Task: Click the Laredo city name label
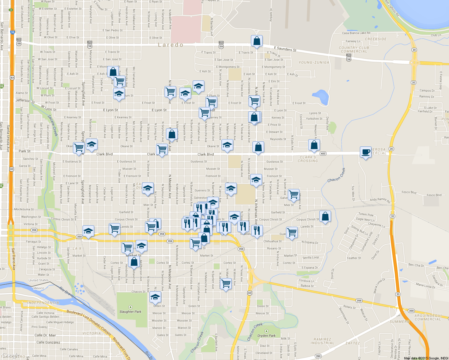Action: pyautogui.click(x=170, y=45)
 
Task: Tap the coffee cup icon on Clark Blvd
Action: pyautogui.click(x=366, y=152)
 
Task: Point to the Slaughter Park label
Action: pyautogui.click(x=130, y=311)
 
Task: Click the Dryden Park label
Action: pyautogui.click(x=266, y=335)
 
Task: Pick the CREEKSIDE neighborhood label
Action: pyautogui.click(x=376, y=39)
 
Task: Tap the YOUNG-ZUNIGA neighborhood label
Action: pyautogui.click(x=314, y=62)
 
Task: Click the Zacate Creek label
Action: pyautogui.click(x=52, y=126)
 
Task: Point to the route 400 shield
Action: pyautogui.click(x=323, y=154)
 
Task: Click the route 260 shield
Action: pyautogui.click(x=318, y=356)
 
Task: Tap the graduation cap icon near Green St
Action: pyautogui.click(x=155, y=297)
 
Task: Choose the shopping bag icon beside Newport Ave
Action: pyautogui.click(x=314, y=145)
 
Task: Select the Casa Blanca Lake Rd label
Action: pyautogui.click(x=356, y=33)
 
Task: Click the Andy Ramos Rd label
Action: pyautogui.click(x=380, y=200)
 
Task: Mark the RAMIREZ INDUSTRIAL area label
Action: pyautogui.click(x=322, y=341)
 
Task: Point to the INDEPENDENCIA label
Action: pyautogui.click(x=43, y=303)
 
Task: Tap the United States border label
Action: pyautogui.click(x=38, y=280)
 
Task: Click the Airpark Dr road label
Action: pyautogui.click(x=271, y=15)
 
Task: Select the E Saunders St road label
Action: pyautogui.click(x=285, y=49)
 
